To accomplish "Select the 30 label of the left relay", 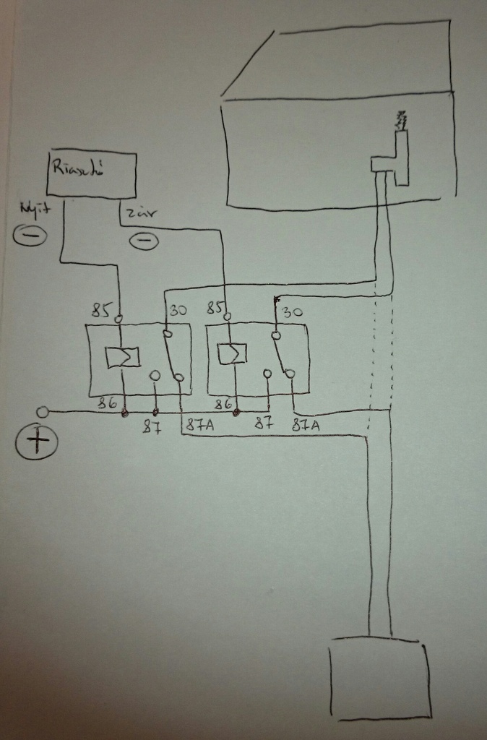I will [x=178, y=310].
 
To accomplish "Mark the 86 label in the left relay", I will [x=108, y=404].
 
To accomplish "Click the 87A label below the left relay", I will [x=199, y=426].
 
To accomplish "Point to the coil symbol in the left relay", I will [x=122, y=357].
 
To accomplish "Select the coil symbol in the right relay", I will [x=233, y=353].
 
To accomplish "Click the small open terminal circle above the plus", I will [x=43, y=412].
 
